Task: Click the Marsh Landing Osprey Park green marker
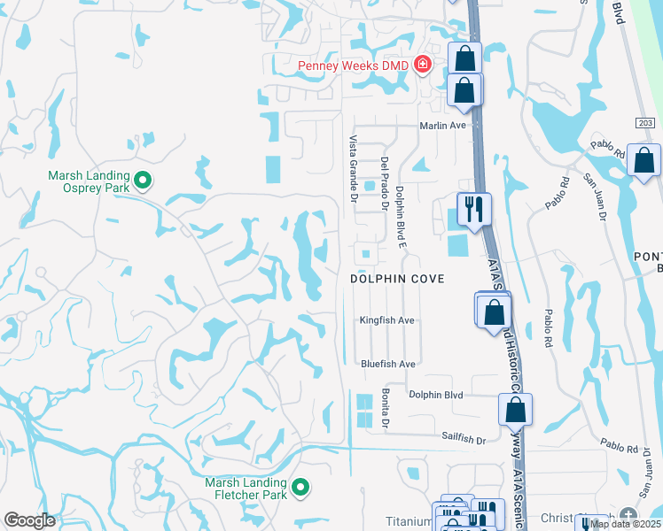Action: tap(142, 182)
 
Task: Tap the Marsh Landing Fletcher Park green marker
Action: tap(300, 487)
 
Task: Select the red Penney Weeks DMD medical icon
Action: tap(422, 65)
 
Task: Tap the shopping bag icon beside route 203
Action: tap(644, 160)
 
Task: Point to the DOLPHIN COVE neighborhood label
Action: tap(396, 278)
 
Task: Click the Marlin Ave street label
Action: tap(442, 126)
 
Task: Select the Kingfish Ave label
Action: tap(387, 320)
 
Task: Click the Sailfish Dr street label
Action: tap(464, 439)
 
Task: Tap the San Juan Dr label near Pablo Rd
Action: tap(593, 196)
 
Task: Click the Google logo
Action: tap(29, 520)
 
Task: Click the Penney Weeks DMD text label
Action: tap(354, 65)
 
